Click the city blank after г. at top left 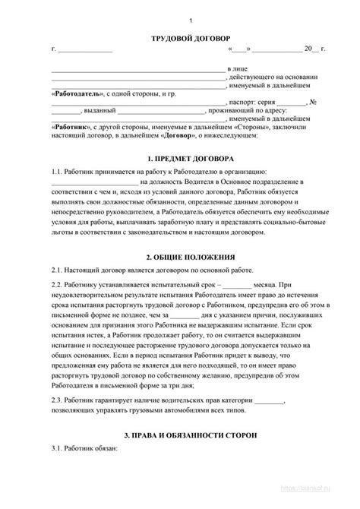(86, 50)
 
